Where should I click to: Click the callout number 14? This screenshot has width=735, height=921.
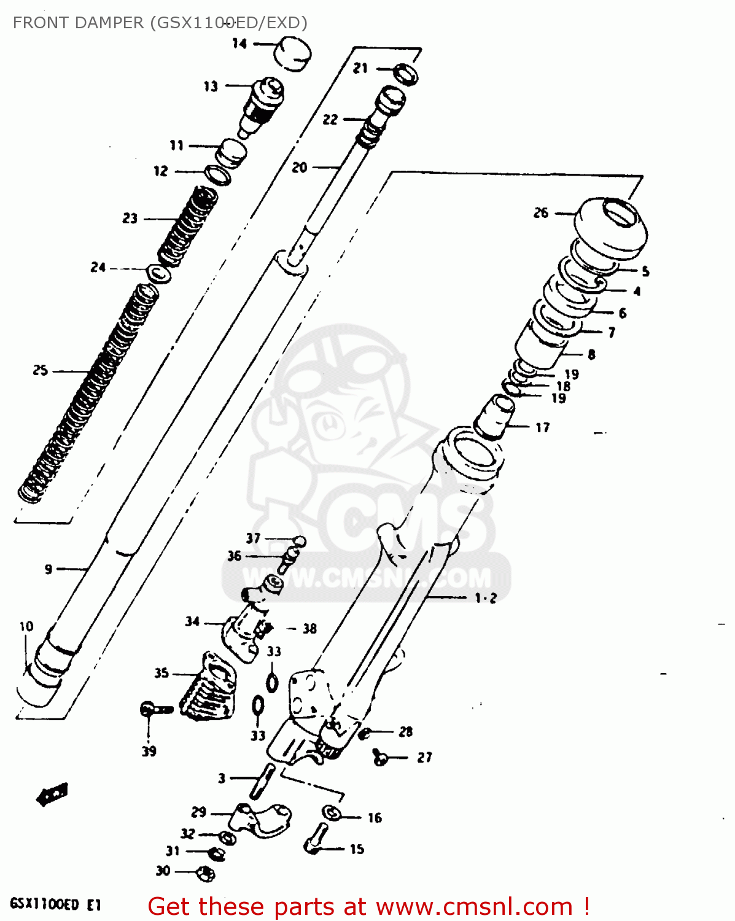point(239,44)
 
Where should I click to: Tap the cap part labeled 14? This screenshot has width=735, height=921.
point(292,53)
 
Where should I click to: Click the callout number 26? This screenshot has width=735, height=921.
point(540,213)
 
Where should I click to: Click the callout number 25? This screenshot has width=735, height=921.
point(40,370)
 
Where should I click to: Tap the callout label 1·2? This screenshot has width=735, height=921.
point(485,597)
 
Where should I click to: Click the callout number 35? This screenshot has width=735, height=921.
point(161,673)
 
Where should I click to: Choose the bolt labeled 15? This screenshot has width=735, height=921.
point(316,839)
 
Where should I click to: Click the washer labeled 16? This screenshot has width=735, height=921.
point(332,813)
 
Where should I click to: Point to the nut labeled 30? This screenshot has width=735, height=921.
point(204,872)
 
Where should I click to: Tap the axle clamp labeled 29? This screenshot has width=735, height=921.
point(261,819)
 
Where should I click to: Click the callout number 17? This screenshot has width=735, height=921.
point(542,427)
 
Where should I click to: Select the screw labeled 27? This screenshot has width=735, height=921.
point(380,758)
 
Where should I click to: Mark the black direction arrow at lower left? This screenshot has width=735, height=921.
point(52,795)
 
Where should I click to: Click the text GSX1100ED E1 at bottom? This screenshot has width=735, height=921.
point(55,904)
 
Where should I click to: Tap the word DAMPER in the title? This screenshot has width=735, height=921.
point(108,23)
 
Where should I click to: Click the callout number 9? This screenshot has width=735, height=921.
point(49,569)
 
